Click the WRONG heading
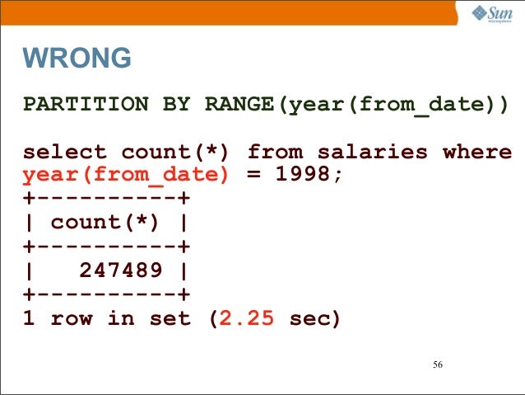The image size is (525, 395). pos(77,59)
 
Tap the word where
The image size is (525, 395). pos(477,153)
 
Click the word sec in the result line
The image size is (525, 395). pos(314,318)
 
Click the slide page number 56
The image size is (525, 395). pos(437,365)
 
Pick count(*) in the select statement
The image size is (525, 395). pos(176,153)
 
